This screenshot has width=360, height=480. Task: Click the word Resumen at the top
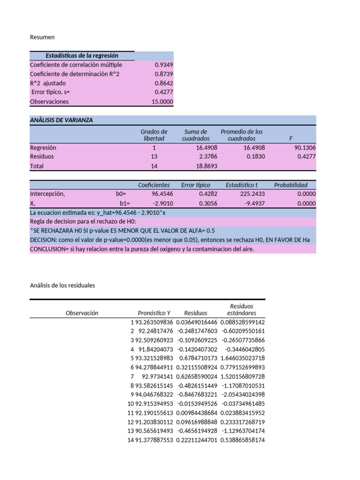point(42,37)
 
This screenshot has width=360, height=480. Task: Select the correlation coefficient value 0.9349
point(164,65)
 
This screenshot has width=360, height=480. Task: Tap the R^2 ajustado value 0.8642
point(164,83)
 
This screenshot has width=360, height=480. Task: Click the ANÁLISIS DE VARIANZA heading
point(61,120)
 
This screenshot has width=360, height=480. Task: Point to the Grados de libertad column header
point(154,135)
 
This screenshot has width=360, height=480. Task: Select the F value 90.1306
point(305,148)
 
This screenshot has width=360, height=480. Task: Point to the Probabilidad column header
point(291,185)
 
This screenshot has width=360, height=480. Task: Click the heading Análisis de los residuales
point(62,285)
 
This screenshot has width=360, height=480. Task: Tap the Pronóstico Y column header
point(154,313)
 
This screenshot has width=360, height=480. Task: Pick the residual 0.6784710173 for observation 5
point(195,358)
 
